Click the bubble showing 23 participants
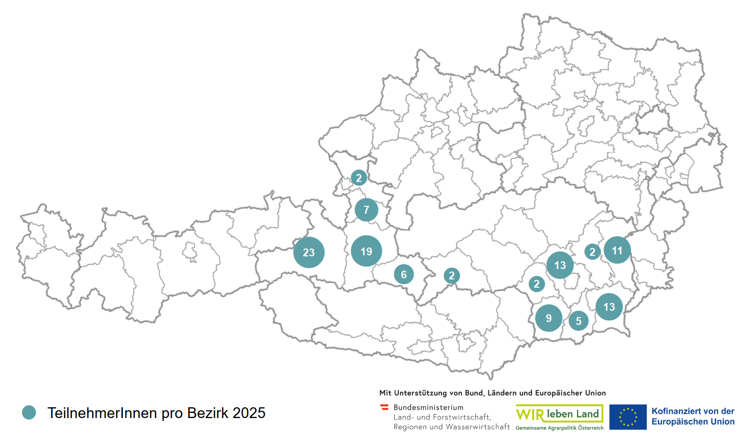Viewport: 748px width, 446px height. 309,252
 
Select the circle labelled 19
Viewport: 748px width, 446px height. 366,251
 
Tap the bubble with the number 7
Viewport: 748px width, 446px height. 366,210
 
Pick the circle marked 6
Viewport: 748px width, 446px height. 404,274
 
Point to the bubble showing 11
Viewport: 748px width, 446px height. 617,250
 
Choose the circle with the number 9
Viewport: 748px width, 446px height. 549,318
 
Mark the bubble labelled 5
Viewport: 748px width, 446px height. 579,321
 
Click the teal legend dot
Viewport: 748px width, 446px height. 29,413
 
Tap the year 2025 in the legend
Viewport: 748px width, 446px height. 249,413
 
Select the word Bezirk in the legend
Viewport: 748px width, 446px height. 208,413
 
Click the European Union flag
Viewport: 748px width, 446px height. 627,417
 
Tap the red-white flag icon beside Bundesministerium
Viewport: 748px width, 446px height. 385,407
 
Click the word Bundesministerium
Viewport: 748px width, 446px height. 428,407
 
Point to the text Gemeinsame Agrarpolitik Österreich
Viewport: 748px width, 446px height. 559,428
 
